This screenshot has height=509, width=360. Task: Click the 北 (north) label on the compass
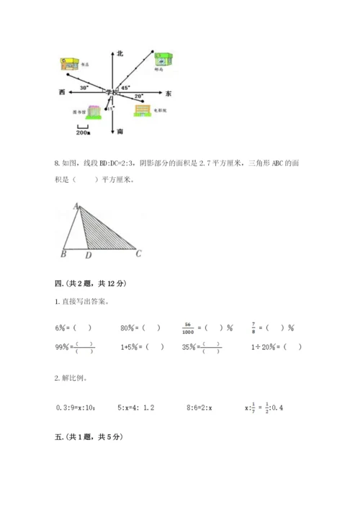120,53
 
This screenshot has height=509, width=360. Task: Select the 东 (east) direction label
168,94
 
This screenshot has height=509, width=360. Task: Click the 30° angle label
84,87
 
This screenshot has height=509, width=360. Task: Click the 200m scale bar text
82,132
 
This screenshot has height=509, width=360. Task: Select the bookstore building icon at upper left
71,63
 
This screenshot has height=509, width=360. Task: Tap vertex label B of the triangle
63,254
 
